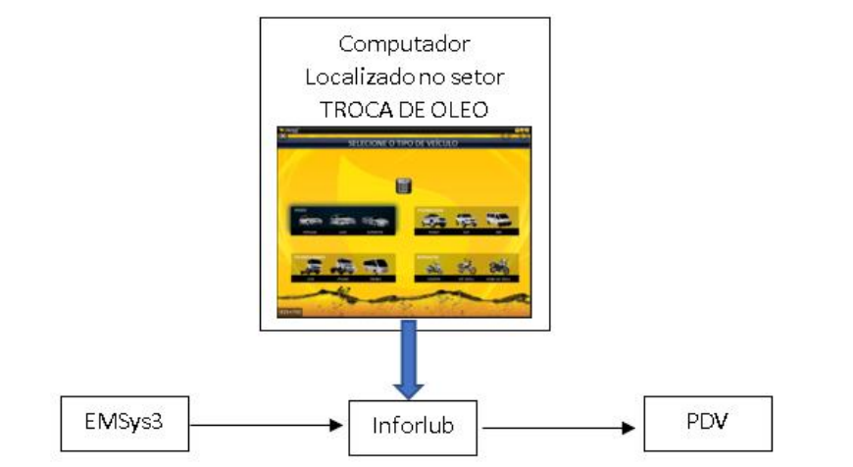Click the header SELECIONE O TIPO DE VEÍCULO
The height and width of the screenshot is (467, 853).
pos(402,144)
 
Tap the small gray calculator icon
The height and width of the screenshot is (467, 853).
pos(402,184)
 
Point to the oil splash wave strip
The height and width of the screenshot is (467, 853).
pos(402,298)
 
